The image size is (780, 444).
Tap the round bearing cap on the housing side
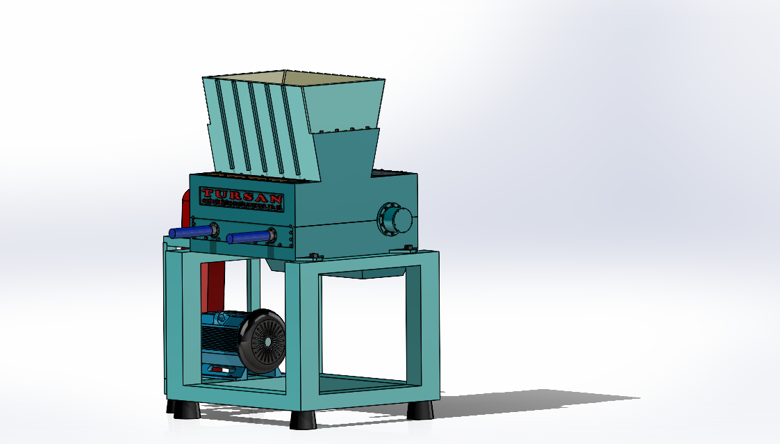(x=393, y=220)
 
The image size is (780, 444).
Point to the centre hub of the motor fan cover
(x=267, y=343)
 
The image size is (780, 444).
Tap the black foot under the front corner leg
(x=304, y=419)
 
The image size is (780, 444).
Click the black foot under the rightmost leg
(x=420, y=410)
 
